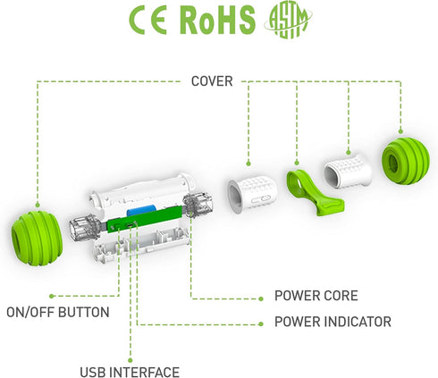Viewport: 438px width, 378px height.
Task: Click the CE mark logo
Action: pyautogui.click(x=148, y=21)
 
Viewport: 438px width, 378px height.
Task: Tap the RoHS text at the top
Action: pyautogui.click(x=218, y=20)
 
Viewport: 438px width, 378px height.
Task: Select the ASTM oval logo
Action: pyautogui.click(x=288, y=21)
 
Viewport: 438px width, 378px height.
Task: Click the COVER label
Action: pyautogui.click(x=212, y=81)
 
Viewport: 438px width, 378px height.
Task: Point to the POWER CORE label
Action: pyautogui.click(x=316, y=296)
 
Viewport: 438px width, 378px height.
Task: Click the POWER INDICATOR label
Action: pyautogui.click(x=333, y=322)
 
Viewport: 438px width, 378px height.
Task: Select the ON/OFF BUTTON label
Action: pyautogui.click(x=58, y=312)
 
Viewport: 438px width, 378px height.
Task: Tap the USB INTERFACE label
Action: pyautogui.click(x=130, y=372)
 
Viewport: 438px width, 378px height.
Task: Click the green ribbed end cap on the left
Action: pyautogui.click(x=37, y=238)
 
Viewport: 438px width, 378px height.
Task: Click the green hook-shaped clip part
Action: pyautogui.click(x=315, y=192)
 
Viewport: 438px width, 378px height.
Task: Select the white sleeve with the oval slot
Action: pyautogui.click(x=252, y=194)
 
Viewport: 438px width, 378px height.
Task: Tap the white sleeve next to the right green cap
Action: pyautogui.click(x=348, y=171)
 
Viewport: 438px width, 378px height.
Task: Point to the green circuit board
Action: pyautogui.click(x=145, y=219)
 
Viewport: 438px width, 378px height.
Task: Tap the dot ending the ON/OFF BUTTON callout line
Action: pyautogui.click(x=52, y=296)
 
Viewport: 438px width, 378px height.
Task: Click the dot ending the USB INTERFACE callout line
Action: pyautogui.click(x=130, y=360)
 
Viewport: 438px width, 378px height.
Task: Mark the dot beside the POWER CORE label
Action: pyautogui.click(x=261, y=298)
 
